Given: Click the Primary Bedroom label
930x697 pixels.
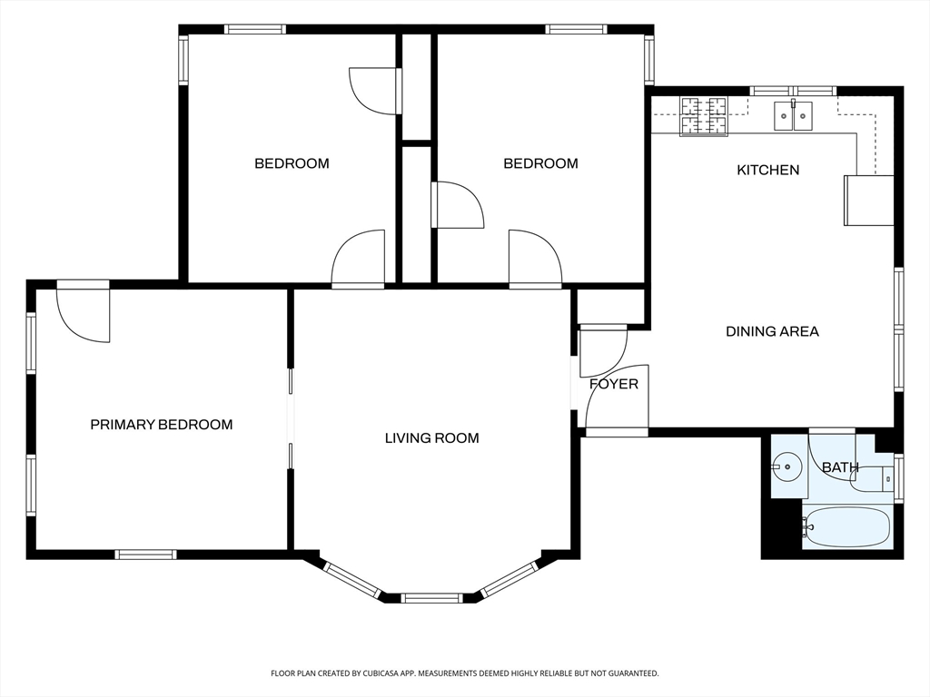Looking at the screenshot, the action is [x=162, y=425].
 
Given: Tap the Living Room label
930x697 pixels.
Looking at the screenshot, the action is [x=431, y=438].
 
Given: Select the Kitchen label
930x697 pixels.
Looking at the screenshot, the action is [x=768, y=170].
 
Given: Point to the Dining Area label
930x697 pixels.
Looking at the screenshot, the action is [x=772, y=331].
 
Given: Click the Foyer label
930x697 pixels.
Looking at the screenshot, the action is [x=614, y=384].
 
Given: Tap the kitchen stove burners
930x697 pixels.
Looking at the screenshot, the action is [x=704, y=117].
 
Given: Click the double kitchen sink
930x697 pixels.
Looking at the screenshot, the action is [x=793, y=115].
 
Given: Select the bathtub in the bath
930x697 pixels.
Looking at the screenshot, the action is [x=847, y=526].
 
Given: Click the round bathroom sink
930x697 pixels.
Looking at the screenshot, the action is [x=787, y=466].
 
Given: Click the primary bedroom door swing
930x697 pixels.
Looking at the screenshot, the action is [x=83, y=314].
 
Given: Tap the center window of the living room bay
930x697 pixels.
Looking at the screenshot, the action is [x=431, y=598].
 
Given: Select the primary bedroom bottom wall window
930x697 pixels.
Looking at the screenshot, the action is [x=146, y=555].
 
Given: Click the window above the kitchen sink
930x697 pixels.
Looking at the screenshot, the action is [x=793, y=92].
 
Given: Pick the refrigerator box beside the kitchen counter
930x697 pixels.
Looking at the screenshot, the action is [x=869, y=201].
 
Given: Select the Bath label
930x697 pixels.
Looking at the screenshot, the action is [x=840, y=467].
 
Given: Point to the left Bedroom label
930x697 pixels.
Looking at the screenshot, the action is [x=292, y=163].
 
